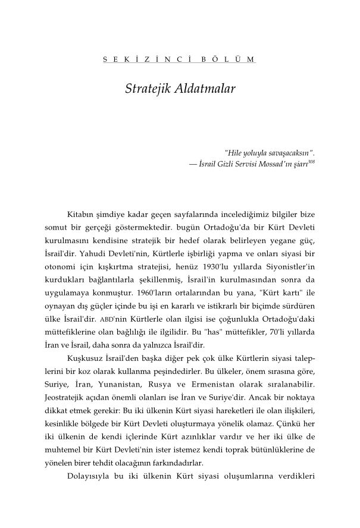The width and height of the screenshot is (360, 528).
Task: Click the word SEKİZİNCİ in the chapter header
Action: pos(139,59)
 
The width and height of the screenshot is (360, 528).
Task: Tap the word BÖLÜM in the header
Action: pos(228,59)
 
